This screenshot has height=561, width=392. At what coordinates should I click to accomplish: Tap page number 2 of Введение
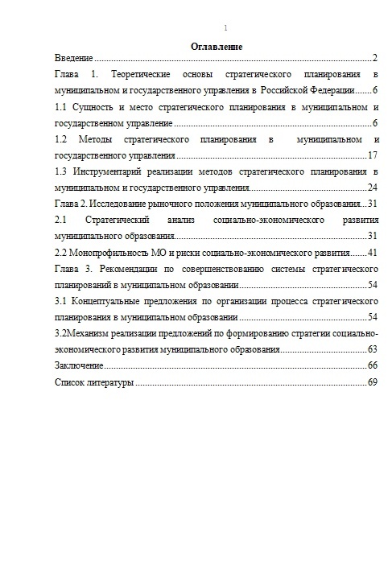coord(375,59)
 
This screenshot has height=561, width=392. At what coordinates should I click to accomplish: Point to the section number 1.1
coord(60,106)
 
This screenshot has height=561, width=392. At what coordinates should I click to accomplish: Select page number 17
coord(372,155)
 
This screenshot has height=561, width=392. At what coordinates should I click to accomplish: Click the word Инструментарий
coord(112,171)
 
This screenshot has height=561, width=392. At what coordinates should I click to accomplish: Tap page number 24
coord(372,187)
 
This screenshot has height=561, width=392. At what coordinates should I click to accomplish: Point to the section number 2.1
coord(60,219)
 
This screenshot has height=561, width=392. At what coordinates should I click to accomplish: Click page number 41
coord(372,252)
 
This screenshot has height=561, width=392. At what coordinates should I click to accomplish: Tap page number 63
coord(372,349)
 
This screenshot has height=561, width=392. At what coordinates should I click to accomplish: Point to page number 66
coord(372,365)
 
